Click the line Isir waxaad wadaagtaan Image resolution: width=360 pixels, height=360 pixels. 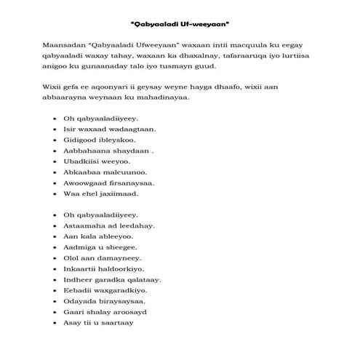pos(100,129)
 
